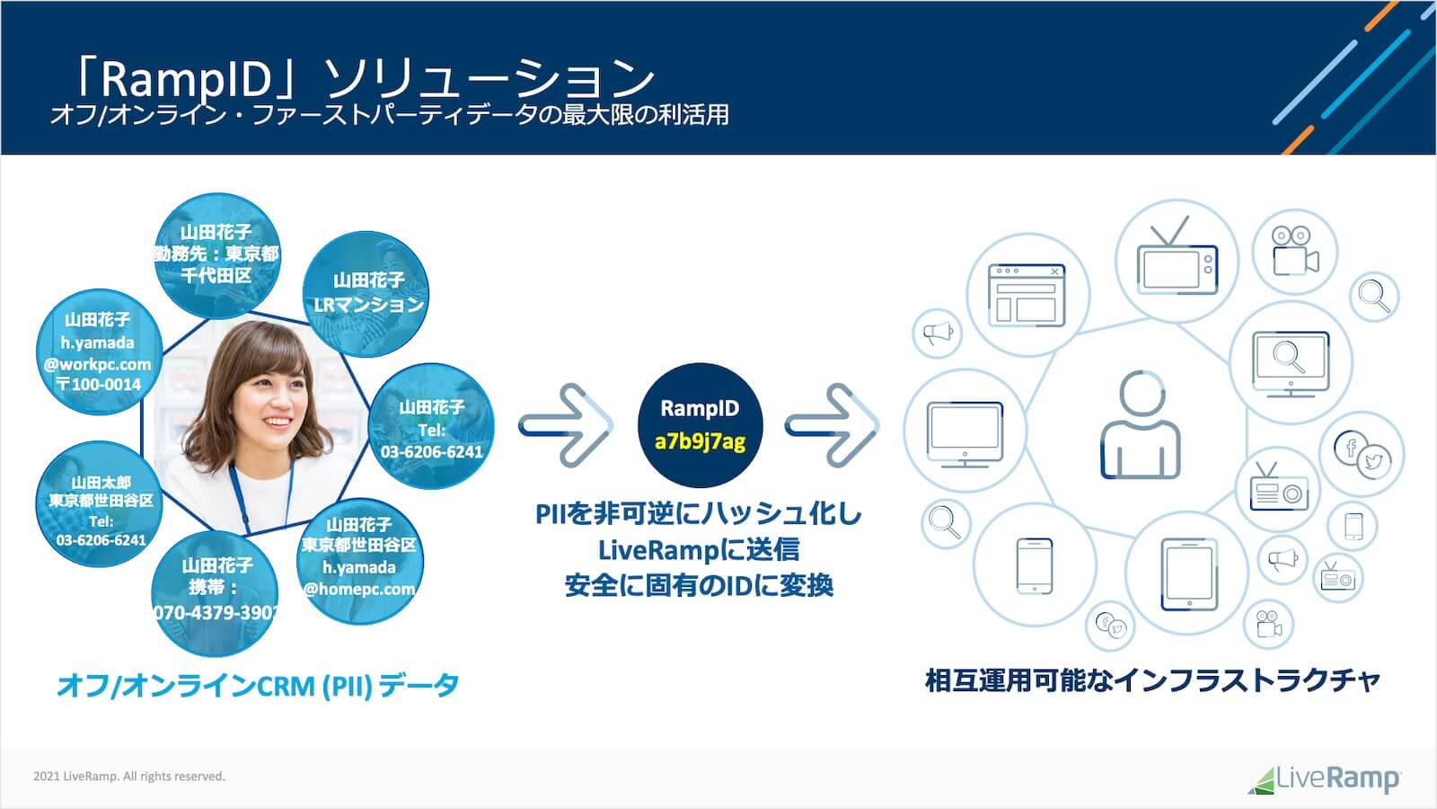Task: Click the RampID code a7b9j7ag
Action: [700, 441]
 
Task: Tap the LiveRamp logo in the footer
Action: [1324, 778]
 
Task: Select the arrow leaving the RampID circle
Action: [831, 424]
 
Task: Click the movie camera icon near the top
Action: [1294, 251]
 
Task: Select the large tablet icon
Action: [1187, 573]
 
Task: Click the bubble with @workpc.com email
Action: [98, 352]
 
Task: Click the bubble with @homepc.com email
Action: [359, 557]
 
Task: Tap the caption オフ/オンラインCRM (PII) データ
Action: [258, 686]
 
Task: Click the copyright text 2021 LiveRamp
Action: [129, 777]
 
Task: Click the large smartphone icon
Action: [1034, 565]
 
